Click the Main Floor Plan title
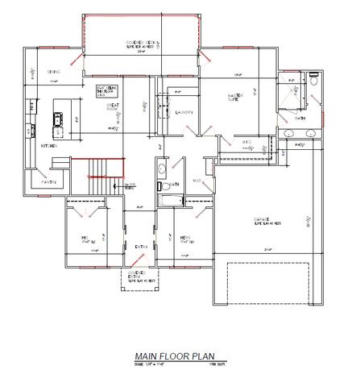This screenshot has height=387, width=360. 181,356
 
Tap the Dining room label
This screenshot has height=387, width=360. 53,71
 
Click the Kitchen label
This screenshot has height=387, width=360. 50,146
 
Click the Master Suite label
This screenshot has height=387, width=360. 236,97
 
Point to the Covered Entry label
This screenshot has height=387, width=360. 147,278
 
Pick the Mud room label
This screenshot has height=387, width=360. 197,181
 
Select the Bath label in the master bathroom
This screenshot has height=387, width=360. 300,119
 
